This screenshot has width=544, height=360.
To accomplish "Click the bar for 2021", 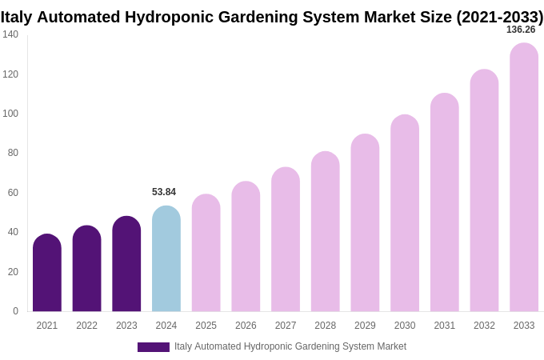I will point(47,273).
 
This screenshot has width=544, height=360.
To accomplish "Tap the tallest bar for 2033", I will point(524,178).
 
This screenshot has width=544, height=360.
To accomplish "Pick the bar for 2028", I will point(326,231).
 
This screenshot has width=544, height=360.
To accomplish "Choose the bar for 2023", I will point(126,264).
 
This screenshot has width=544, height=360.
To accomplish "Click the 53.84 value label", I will point(164,192).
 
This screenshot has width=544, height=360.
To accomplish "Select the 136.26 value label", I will point(521,30).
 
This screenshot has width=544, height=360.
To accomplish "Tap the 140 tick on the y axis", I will point(10,34).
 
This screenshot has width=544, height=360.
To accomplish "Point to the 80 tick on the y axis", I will point(13,153).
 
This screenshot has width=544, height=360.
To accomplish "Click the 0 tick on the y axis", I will point(15,311).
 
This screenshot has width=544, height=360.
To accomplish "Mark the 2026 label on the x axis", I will point(246,326).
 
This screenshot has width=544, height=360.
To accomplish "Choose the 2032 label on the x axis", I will point(484,326).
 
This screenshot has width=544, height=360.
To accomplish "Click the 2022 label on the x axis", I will point(87,326).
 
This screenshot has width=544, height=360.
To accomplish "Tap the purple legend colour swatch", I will point(154,347).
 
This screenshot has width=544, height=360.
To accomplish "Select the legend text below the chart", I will point(290,346).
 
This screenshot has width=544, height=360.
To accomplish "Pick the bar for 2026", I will point(246,246).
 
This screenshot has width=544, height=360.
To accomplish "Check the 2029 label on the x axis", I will point(365,326).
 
